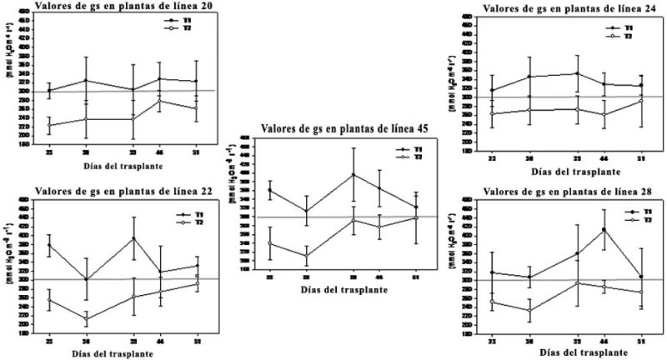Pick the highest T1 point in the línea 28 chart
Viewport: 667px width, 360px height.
pyautogui.click(x=604, y=229)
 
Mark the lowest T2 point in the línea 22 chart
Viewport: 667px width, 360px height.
pyautogui.click(x=86, y=319)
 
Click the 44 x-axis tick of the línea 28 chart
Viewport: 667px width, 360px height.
pyautogui.click(x=604, y=342)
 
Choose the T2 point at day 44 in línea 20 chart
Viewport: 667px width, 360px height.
pyautogui.click(x=159, y=101)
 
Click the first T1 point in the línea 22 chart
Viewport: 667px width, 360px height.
pyautogui.click(x=49, y=245)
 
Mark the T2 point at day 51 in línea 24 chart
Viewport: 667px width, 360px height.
pyautogui.click(x=641, y=101)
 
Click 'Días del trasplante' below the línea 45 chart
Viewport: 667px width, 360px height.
pyautogui.click(x=343, y=287)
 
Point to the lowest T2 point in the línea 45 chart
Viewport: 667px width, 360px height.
pyautogui.click(x=306, y=256)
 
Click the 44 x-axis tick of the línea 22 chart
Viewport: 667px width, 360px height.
pyautogui.click(x=159, y=342)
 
